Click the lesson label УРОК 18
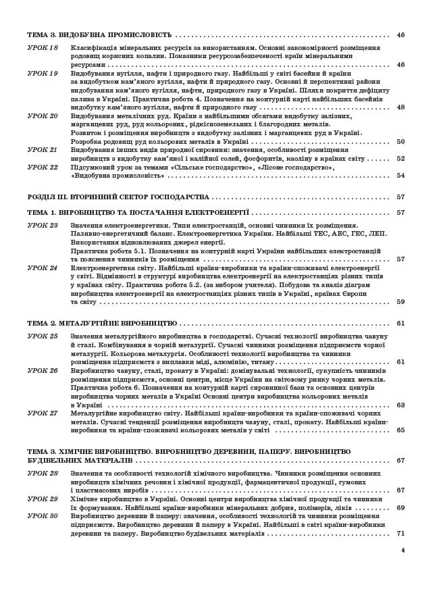tap(43, 48)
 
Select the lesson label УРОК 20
tap(43, 116)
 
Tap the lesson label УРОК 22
tap(43, 167)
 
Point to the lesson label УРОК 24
tap(43, 268)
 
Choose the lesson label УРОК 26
tap(43, 371)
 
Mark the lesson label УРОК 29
tap(43, 499)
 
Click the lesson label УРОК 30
tap(43, 516)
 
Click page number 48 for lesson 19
tap(401, 107)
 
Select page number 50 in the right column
tap(401, 142)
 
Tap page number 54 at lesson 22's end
tap(401, 176)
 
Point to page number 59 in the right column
tap(401, 302)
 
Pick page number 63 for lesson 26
tap(401, 405)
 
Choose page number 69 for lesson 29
tap(401, 507)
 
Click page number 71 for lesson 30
tap(401, 533)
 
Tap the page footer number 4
tap(403, 550)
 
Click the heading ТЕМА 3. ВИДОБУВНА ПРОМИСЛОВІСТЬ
tap(99, 35)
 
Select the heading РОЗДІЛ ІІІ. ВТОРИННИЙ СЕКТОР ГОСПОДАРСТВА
tap(118, 197)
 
